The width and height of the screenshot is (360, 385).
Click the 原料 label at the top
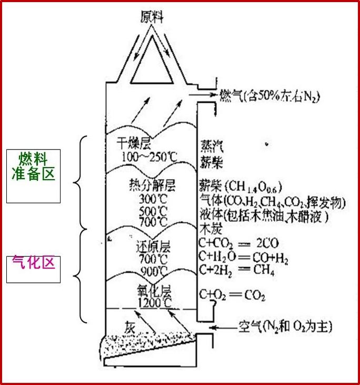click(152, 17)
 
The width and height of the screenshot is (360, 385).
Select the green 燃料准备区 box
click(34, 176)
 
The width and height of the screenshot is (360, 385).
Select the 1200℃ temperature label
click(155, 304)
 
